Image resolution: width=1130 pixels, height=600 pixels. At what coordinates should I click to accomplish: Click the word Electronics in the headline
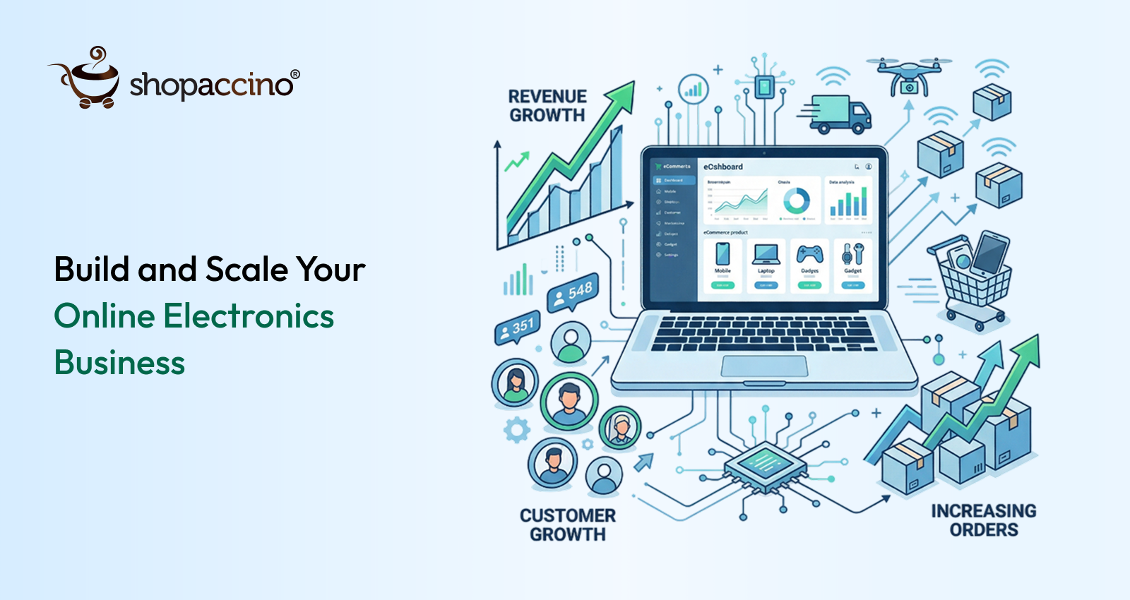click(249, 316)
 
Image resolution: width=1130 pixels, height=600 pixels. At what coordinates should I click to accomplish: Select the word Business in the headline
click(119, 363)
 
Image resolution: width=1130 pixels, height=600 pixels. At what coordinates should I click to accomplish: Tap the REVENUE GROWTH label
click(547, 106)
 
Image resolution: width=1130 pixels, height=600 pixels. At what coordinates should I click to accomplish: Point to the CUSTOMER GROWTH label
click(568, 525)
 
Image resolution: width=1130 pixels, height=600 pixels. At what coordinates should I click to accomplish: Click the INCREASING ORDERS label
click(983, 520)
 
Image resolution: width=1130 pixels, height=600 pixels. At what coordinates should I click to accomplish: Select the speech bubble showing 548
click(573, 292)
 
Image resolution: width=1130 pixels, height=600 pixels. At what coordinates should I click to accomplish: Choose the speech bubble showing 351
click(517, 328)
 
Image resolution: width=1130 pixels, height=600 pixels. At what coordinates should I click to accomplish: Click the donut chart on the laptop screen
click(796, 201)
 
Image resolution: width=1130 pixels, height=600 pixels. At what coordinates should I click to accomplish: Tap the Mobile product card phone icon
click(722, 253)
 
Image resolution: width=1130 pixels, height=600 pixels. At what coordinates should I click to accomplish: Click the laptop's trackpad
click(764, 366)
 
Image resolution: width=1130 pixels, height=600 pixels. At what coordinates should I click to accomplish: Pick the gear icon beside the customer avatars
click(517, 429)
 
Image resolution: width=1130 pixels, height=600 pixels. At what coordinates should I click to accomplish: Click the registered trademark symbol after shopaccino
click(295, 75)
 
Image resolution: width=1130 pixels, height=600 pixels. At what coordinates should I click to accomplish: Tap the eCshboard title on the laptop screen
click(722, 167)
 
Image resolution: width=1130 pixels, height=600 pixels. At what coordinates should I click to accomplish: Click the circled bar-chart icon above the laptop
click(693, 90)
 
